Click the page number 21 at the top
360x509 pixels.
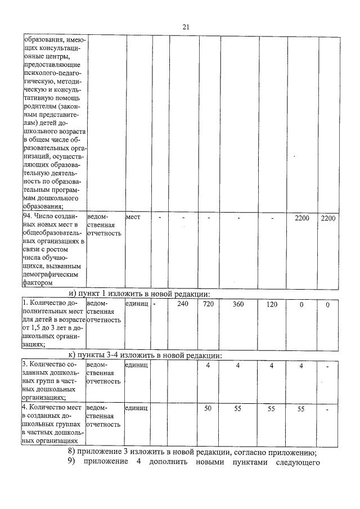coord(187,26)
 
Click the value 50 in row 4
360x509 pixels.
coord(208,408)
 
